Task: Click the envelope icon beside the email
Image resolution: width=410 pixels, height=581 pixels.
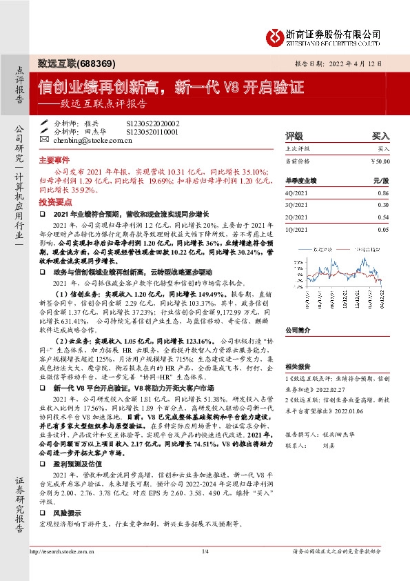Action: click(45, 139)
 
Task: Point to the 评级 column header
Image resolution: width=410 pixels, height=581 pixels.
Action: click(295, 136)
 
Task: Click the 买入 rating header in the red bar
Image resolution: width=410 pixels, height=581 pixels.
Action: click(380, 136)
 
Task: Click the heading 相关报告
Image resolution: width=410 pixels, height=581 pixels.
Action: click(298, 368)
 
